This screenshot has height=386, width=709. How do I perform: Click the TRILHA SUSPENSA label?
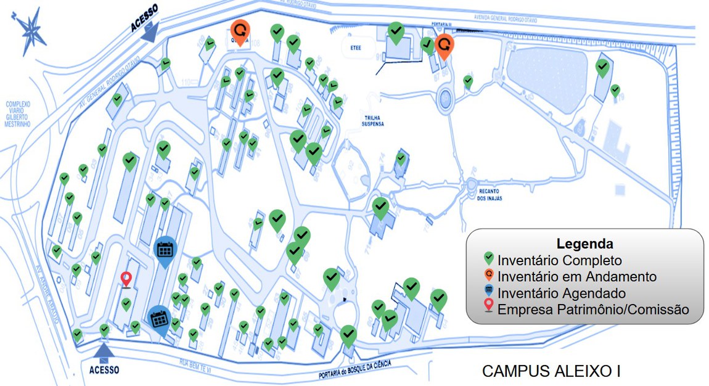(x=372, y=120)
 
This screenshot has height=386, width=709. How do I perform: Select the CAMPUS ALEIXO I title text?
(x=551, y=371)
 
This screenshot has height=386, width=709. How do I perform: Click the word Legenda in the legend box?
(x=584, y=243)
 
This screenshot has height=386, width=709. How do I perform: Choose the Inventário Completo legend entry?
(x=560, y=260)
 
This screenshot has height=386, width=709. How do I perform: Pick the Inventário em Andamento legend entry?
(x=576, y=277)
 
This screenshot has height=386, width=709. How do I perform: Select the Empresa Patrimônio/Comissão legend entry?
(x=592, y=310)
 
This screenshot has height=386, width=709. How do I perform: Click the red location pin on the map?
(x=126, y=279)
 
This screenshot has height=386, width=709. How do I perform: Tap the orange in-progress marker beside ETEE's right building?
(x=444, y=44)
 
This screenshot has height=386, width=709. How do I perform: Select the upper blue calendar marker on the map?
(x=165, y=250)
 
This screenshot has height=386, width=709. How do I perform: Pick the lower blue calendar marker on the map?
(x=160, y=319)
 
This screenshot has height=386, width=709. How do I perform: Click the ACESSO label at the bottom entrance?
(x=104, y=370)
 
